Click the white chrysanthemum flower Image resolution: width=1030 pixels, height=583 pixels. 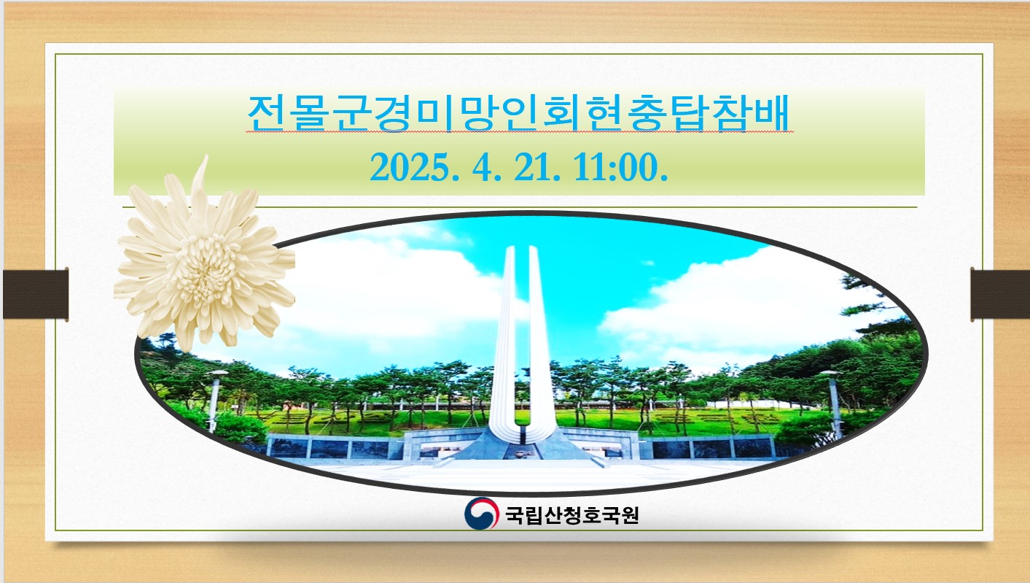pos(205,260)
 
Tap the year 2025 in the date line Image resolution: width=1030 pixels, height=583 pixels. pos(415,168)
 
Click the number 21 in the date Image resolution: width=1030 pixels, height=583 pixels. pos(533,168)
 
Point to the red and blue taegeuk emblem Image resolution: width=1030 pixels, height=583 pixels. pos(481,514)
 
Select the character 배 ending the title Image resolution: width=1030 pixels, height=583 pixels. pos(772,113)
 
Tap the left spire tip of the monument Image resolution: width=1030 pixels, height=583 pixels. pos(510,248)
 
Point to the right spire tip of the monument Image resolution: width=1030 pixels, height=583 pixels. pos(533,248)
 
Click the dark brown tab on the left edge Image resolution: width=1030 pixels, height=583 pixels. pos(36,295)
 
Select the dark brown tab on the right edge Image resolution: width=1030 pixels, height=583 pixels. pos(1000,295)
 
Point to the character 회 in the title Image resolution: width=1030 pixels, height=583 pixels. pos(561,113)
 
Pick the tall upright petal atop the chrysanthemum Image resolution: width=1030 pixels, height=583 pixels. pos(200,184)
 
